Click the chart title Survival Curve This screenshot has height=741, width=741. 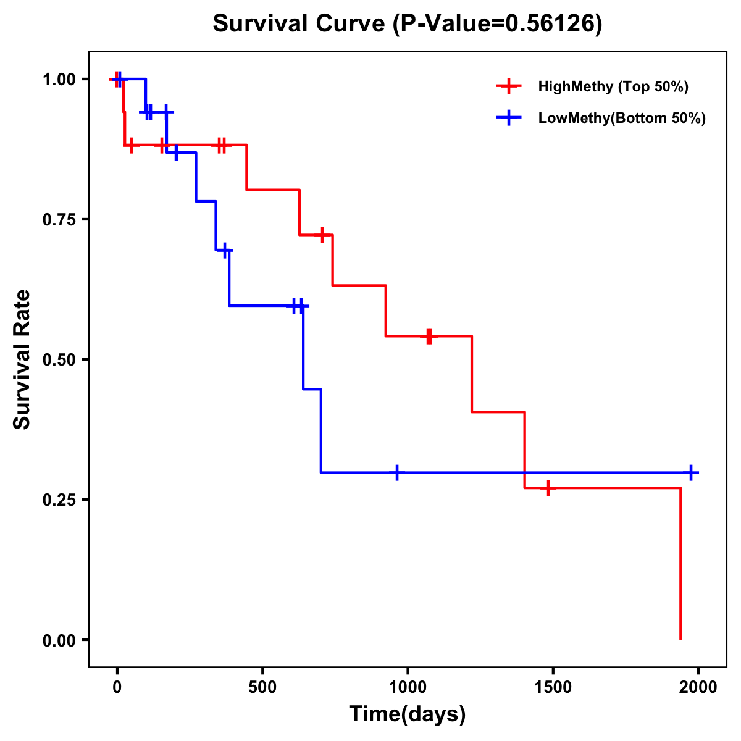407,24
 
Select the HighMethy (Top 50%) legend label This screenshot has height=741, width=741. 613,86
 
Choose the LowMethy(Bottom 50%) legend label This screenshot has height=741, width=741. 622,118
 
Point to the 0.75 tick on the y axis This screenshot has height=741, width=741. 59,220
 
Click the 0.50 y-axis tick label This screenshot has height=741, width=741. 59,360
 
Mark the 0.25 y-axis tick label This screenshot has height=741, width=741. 59,500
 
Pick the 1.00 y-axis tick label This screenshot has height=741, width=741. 59,80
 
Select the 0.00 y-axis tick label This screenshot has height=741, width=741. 59,640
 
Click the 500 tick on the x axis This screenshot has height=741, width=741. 262,686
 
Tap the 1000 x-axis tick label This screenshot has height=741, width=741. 408,686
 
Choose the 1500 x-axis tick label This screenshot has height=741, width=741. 553,686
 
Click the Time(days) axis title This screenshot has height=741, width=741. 408,714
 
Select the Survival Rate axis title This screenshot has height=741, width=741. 22,359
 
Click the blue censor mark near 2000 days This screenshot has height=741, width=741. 691,472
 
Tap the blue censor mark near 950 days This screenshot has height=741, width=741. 397,472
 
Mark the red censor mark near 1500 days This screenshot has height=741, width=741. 548,488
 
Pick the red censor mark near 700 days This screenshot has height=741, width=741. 322,235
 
